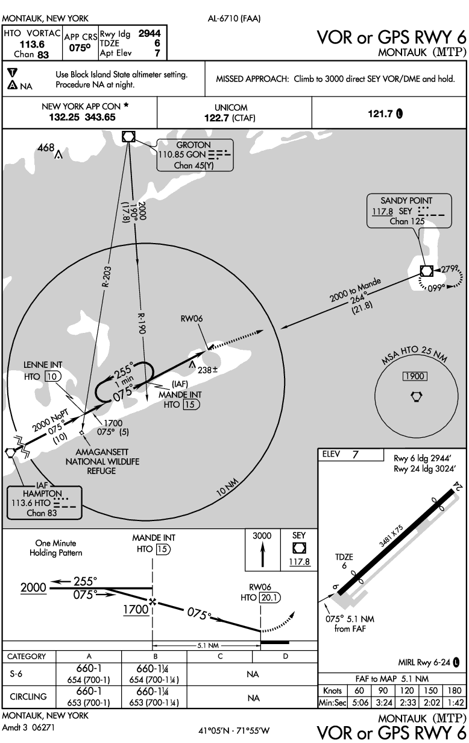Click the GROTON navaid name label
(194, 145)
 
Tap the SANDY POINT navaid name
(406, 200)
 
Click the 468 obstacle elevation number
(45, 147)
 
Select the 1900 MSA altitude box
(415, 376)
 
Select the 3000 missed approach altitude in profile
(262, 536)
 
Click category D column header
(286, 655)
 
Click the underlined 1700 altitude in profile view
(136, 610)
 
